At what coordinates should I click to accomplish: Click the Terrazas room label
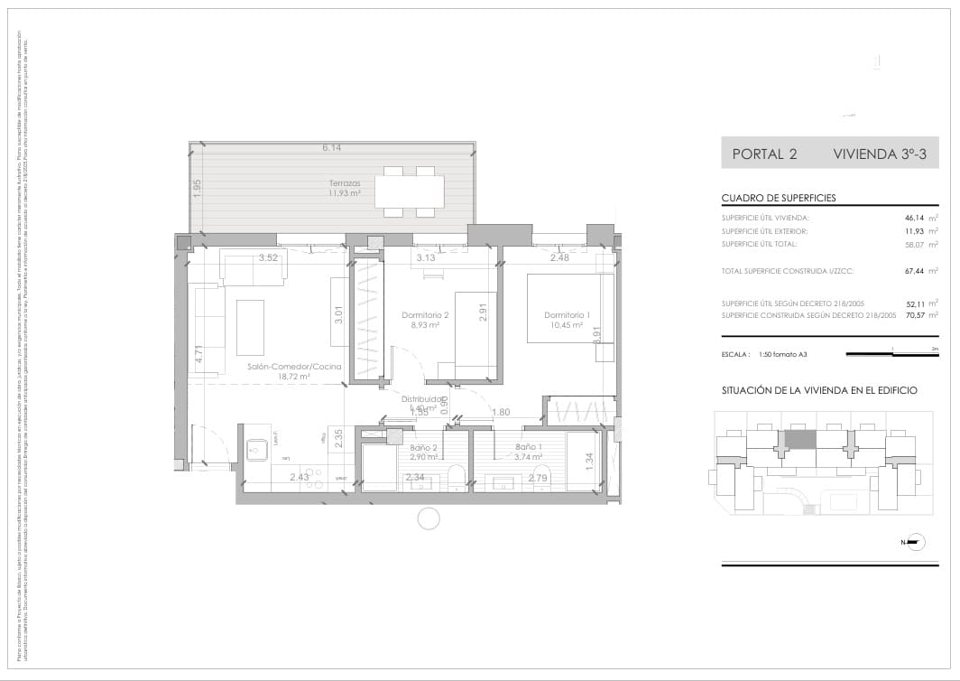tap(345, 182)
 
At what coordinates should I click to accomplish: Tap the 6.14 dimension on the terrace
tap(332, 147)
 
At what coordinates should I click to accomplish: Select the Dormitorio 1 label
tap(567, 315)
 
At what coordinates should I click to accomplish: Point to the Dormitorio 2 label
tap(424, 315)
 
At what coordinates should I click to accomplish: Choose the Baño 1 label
tap(530, 447)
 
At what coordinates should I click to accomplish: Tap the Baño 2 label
tap(423, 447)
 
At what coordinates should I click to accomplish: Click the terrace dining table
tap(409, 191)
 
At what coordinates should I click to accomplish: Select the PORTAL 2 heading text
tap(764, 154)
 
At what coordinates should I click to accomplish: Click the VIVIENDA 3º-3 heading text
tap(880, 154)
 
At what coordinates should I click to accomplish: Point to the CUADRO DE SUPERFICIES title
tap(779, 198)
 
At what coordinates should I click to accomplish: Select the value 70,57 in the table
tap(916, 315)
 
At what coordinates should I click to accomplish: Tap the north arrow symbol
tap(914, 542)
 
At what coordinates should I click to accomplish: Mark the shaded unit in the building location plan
tap(799, 439)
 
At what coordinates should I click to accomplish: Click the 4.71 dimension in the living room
tap(198, 354)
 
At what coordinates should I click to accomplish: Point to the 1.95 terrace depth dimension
tap(197, 187)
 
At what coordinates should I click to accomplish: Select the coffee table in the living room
tap(250, 327)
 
